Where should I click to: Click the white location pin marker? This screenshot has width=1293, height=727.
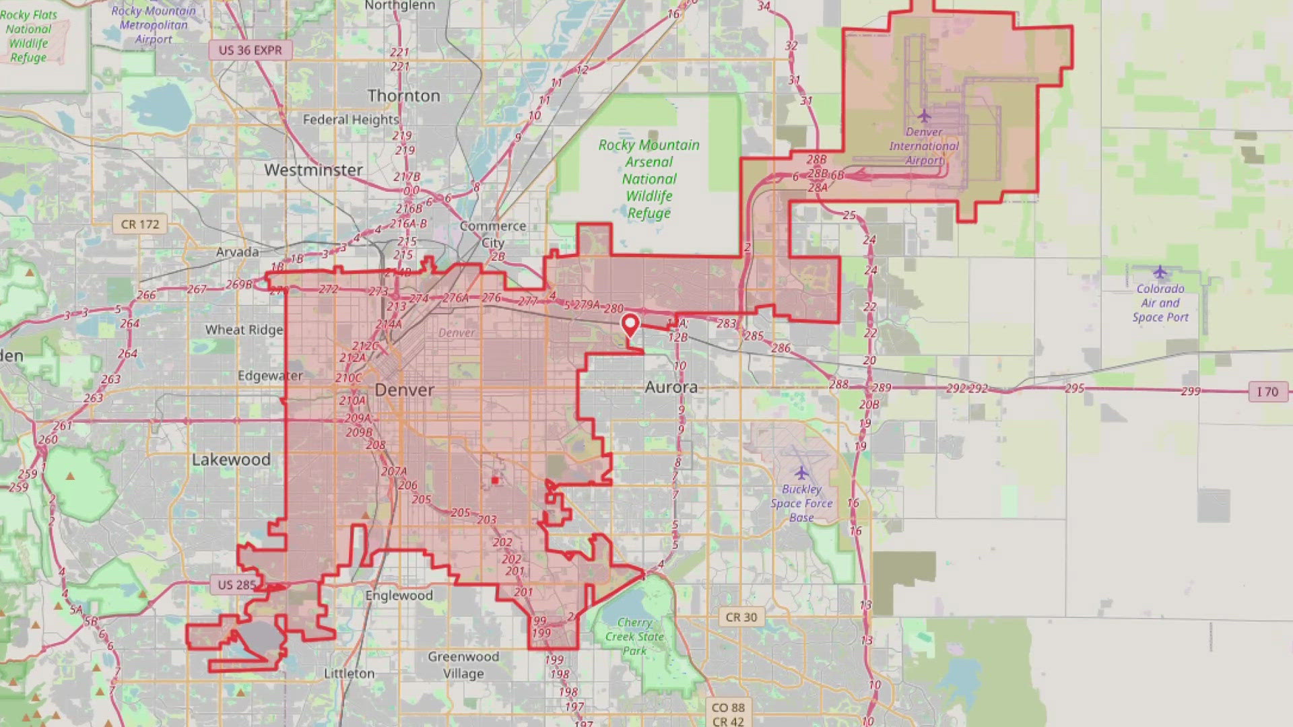click(x=630, y=325)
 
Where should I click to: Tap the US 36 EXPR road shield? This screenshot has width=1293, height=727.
click(x=250, y=50)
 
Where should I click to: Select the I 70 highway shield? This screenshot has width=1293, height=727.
click(x=1267, y=392)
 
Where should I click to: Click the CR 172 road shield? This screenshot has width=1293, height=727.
click(x=140, y=224)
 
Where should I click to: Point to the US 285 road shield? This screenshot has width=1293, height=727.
click(x=236, y=585)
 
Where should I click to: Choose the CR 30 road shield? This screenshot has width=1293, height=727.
click(x=741, y=617)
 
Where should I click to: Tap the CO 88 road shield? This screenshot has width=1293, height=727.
click(x=728, y=707)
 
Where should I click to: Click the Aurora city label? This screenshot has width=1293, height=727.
click(x=671, y=388)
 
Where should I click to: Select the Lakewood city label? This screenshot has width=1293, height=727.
click(x=231, y=460)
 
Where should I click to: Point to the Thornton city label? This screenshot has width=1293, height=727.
click(x=403, y=96)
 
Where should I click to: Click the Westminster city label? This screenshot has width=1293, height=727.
click(x=313, y=170)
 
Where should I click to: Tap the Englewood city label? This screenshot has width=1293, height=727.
click(x=399, y=596)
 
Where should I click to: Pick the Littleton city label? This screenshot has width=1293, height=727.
click(x=349, y=673)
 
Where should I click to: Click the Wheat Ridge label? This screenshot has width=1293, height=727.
click(x=244, y=330)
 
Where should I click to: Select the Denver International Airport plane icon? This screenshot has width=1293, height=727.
click(x=924, y=116)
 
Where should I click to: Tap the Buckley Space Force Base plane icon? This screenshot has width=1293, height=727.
click(x=801, y=473)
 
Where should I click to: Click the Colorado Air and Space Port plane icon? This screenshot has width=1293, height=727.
click(x=1160, y=273)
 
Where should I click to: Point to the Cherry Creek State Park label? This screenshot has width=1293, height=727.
click(x=634, y=637)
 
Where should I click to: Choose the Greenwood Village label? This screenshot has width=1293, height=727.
click(x=463, y=665)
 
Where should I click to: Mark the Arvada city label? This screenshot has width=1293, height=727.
click(x=237, y=252)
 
